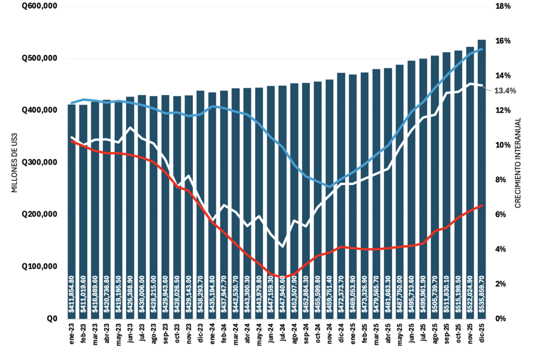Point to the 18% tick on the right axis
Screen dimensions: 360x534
503,6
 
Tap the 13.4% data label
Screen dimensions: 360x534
504,91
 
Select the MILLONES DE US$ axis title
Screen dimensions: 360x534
15,162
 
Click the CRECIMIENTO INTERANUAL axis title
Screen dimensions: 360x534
518,162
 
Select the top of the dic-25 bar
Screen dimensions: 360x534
481,40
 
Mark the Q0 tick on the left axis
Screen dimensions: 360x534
52,318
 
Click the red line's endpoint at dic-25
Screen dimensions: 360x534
481,206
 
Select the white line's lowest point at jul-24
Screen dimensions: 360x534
282,246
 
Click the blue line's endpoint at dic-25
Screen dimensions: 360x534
481,49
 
